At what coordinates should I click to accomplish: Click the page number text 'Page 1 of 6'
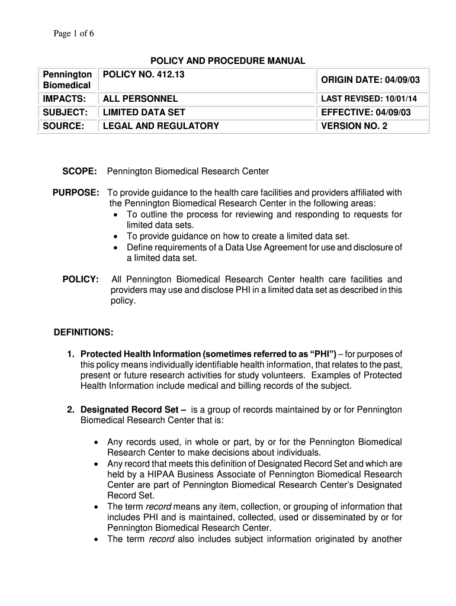click(74, 34)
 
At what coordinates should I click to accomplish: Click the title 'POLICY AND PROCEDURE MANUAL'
click(227, 61)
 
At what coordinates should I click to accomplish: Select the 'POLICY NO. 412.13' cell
click(140, 74)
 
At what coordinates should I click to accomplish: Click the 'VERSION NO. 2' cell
click(354, 125)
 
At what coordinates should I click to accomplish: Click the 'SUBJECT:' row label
click(64, 112)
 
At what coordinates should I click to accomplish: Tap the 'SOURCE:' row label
click(63, 125)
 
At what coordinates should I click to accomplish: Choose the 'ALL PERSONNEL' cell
click(140, 98)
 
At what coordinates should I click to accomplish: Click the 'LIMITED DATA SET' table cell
click(144, 112)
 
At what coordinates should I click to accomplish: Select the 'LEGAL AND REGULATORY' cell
click(161, 125)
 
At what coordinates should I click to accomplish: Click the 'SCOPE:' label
click(80, 171)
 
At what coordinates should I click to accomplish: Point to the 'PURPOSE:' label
click(76, 193)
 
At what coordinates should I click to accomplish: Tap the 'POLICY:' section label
click(81, 279)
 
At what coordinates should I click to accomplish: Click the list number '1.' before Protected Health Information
click(70, 354)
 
